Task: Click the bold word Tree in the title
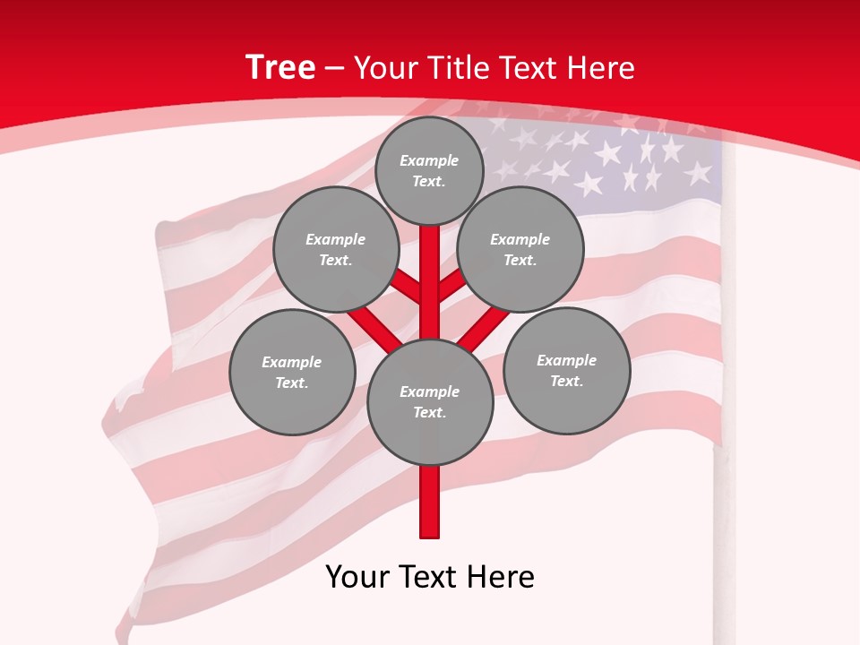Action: tap(280, 67)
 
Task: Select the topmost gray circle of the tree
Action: tap(429, 170)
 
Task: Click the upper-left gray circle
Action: tap(335, 249)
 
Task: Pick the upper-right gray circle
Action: tap(520, 249)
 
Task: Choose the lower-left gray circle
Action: tap(292, 372)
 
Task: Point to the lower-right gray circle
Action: tap(566, 370)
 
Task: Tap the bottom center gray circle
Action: tap(430, 401)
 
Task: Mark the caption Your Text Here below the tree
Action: tap(430, 576)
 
